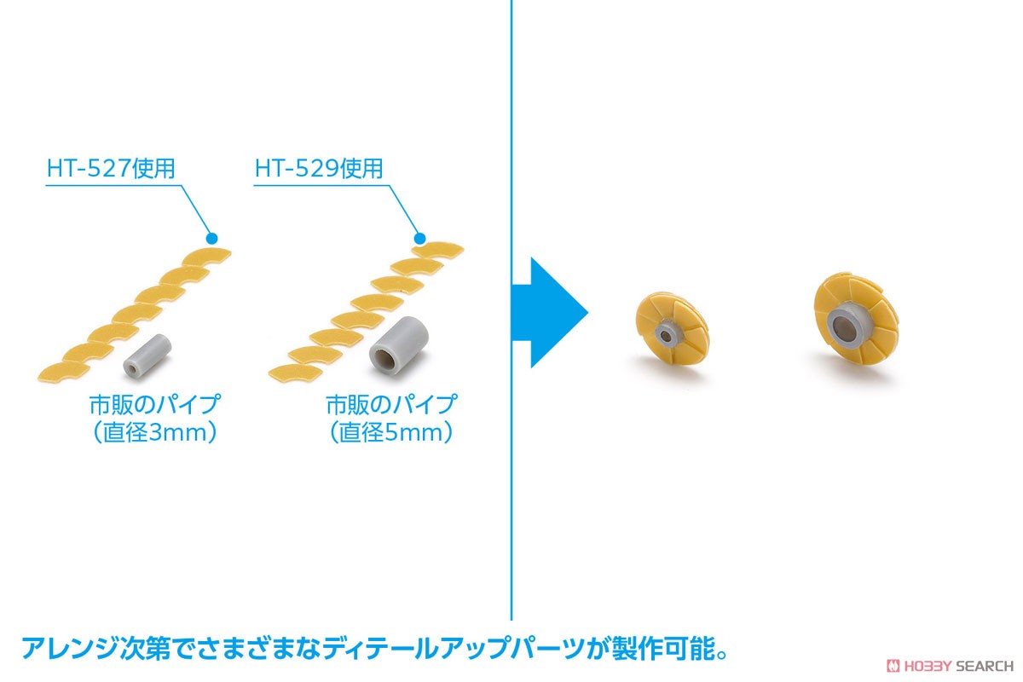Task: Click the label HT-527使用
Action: (111, 168)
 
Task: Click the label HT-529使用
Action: (319, 168)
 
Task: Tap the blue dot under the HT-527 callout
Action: (212, 238)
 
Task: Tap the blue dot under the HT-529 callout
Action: (419, 239)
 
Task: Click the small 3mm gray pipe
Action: (147, 356)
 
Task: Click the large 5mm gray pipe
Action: (399, 346)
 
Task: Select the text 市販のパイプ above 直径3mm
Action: (154, 405)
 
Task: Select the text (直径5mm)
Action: (391, 432)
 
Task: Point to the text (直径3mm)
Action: (155, 432)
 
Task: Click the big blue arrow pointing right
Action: (550, 313)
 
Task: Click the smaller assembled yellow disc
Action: (673, 328)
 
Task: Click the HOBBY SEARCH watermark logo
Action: (950, 666)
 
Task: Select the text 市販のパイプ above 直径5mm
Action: (391, 405)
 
